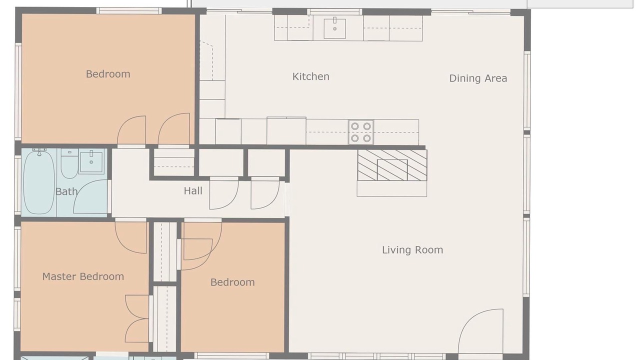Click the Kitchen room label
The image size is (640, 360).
point(311,76)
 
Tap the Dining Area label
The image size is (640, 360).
point(478,78)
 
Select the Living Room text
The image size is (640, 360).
point(412,250)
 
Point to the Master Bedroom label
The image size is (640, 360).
point(83,276)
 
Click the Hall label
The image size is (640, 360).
point(193,191)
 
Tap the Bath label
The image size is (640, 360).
point(66,191)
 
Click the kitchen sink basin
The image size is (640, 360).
point(334,28)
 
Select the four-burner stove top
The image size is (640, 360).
point(361,132)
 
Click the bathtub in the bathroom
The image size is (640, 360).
point(39,182)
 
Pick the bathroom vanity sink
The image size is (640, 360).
point(91,161)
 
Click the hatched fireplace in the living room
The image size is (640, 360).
point(392,165)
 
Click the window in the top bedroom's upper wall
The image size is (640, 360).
point(129,11)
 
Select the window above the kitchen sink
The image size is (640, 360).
point(334,12)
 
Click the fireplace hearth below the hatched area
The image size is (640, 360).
point(392,188)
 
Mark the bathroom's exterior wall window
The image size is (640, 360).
point(17,185)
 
